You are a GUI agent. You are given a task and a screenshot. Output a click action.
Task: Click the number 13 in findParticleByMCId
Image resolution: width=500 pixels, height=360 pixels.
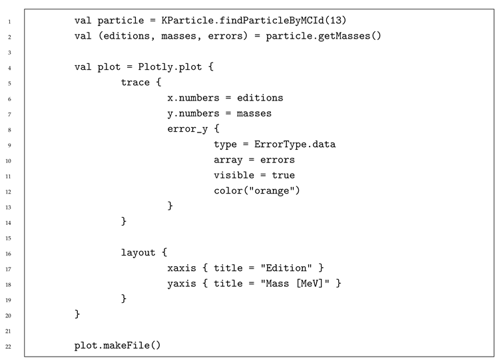click(x=334, y=21)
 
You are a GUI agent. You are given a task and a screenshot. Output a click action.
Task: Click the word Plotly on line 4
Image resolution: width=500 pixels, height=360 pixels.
click(x=155, y=67)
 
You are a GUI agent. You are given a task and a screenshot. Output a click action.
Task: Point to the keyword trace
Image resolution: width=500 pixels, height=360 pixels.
click(x=135, y=83)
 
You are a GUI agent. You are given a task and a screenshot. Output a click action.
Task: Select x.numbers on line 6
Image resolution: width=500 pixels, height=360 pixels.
click(x=193, y=98)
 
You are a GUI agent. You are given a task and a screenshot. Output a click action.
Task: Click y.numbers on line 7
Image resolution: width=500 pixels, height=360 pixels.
click(x=193, y=114)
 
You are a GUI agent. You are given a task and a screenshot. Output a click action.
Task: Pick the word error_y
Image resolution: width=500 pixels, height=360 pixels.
click(x=188, y=129)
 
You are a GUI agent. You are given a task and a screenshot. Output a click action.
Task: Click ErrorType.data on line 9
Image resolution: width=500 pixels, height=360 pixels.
click(x=295, y=144)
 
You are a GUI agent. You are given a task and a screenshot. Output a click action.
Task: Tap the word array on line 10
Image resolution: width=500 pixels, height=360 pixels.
click(x=228, y=160)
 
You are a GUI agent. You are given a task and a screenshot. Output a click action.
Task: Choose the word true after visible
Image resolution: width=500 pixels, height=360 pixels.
click(x=283, y=175)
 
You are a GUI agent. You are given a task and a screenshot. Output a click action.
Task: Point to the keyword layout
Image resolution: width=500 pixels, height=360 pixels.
click(x=138, y=253)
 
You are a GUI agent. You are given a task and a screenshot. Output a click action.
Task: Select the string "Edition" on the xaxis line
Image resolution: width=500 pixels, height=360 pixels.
click(x=286, y=268)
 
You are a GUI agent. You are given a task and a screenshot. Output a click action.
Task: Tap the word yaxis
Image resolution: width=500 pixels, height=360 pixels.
click(x=182, y=283)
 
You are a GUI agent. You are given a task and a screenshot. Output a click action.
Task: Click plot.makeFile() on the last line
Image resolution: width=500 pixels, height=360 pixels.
click(x=117, y=345)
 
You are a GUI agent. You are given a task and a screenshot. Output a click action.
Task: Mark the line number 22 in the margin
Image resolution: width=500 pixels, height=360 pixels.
click(x=8, y=347)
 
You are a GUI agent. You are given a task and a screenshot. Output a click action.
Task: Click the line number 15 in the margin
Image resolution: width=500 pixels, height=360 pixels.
click(x=8, y=238)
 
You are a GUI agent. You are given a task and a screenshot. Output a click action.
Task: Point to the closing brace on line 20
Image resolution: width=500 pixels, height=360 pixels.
click(x=77, y=314)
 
